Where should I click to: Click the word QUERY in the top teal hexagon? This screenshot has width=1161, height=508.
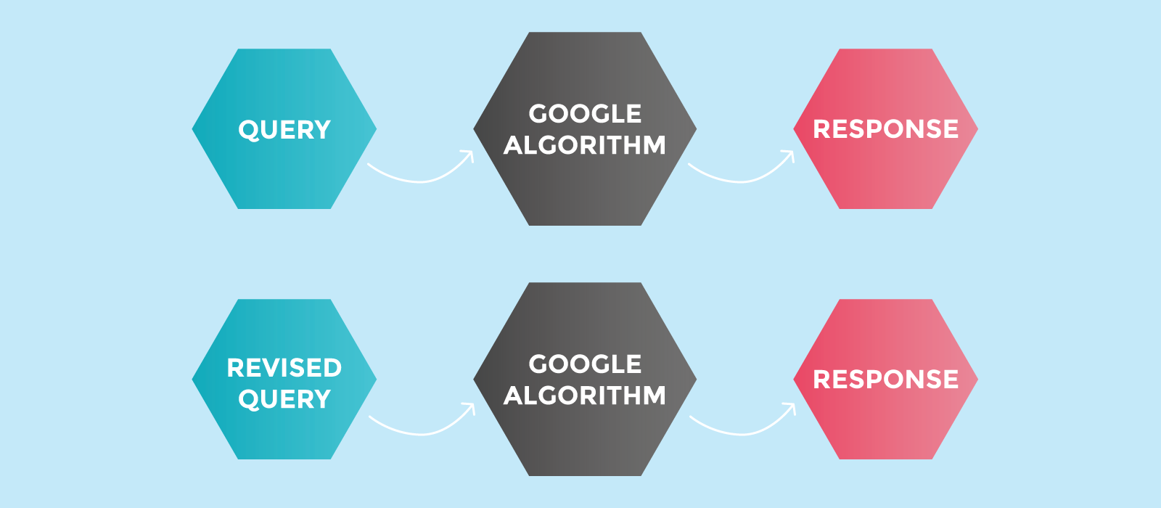click(x=284, y=130)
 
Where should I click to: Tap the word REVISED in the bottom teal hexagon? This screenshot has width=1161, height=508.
click(x=284, y=368)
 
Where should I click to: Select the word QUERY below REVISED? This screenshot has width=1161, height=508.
click(x=284, y=400)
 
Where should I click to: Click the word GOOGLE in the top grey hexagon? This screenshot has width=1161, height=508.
click(x=585, y=114)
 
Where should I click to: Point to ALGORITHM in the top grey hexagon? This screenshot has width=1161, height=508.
click(x=585, y=145)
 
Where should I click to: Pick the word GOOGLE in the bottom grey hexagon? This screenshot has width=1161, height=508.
click(x=585, y=364)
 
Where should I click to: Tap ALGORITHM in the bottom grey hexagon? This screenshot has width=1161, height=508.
click(x=585, y=396)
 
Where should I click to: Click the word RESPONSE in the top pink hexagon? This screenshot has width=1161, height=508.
click(x=886, y=129)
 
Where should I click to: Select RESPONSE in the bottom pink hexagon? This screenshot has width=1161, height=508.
click(x=886, y=380)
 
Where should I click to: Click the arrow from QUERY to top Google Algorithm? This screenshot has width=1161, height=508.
click(x=420, y=181)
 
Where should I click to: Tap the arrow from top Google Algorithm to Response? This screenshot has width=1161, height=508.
click(x=741, y=181)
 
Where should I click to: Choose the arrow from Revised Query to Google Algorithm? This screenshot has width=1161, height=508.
click(x=422, y=434)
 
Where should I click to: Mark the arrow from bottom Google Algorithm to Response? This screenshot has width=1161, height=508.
click(x=742, y=434)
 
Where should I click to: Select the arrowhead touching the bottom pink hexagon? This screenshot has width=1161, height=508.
click(x=791, y=408)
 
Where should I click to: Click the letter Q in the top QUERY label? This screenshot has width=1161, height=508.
click(x=249, y=130)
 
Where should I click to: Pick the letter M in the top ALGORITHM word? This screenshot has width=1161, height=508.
click(x=654, y=145)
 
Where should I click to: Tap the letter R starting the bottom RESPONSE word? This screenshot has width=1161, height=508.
click(x=821, y=380)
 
